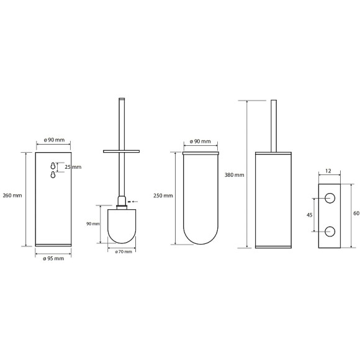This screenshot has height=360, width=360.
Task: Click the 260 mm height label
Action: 12,196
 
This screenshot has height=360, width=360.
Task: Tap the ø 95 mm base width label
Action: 53,259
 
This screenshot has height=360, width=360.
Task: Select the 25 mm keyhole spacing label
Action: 73,167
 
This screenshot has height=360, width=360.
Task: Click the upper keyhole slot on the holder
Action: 53,166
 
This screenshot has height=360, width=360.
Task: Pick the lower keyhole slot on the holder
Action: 53,174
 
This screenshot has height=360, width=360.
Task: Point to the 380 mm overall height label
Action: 234,175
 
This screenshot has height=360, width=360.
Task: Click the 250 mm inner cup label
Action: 163,196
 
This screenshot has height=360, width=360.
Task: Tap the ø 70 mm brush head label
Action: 124,251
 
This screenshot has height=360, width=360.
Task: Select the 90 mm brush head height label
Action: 93,223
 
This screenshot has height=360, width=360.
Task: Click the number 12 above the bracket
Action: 328,171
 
